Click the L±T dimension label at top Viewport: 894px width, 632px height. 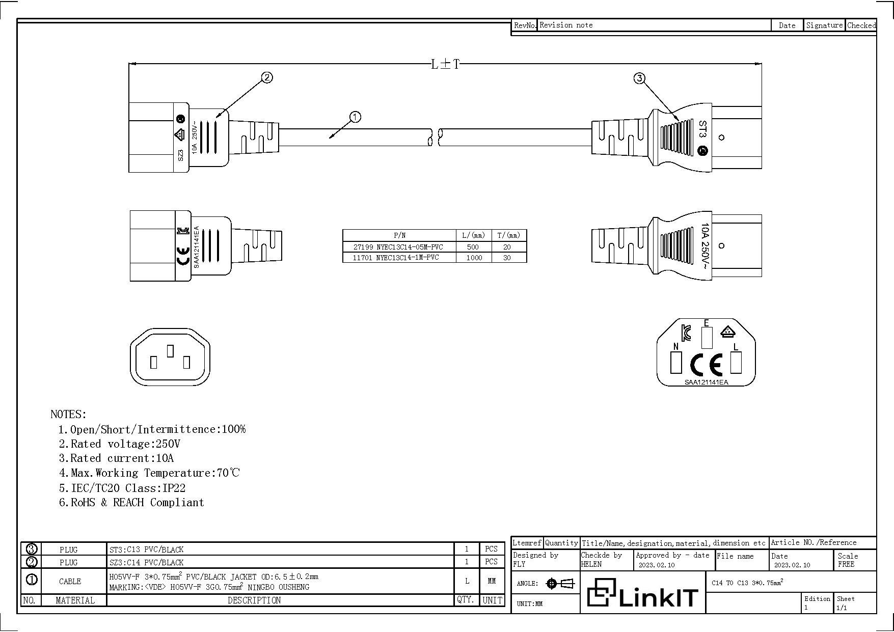(445, 64)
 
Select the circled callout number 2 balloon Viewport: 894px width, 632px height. (267, 77)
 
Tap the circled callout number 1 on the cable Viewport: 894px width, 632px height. (355, 117)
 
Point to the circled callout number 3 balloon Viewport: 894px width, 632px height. (639, 78)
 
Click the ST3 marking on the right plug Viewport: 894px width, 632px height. (702, 129)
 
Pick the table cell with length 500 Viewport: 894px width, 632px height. (473, 247)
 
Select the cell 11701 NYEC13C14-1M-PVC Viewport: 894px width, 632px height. (396, 258)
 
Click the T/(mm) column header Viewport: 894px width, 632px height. (508, 235)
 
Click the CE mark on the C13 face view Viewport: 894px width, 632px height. (706, 364)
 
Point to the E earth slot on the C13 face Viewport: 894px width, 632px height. (707, 336)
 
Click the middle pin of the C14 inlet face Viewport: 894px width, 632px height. (171, 350)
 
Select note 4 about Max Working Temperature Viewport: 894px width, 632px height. (149, 473)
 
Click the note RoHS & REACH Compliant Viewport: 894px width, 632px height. (131, 503)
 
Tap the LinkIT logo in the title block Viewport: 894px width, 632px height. (642, 593)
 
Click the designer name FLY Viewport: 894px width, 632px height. (519, 564)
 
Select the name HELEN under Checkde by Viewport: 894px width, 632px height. (591, 564)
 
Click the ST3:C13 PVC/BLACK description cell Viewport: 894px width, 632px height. (146, 549)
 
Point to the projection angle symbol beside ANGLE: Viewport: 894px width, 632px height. (560, 584)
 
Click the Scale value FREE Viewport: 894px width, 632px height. (846, 564)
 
